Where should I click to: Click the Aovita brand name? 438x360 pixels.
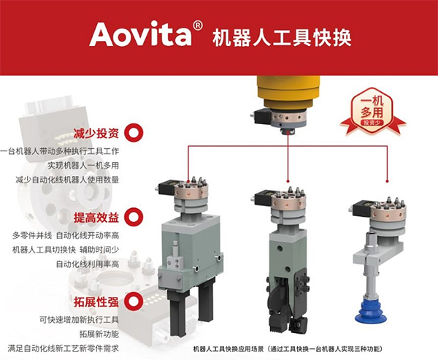click(141, 34)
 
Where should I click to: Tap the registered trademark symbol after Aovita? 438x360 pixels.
click(198, 26)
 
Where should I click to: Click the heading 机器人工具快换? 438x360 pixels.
click(282, 38)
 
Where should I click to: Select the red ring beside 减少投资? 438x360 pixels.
click(134, 133)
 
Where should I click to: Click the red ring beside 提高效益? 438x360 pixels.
click(134, 217)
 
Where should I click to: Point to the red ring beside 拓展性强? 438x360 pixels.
click(134, 302)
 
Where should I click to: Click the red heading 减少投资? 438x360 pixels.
click(96, 134)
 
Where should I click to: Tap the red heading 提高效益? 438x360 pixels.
click(96, 218)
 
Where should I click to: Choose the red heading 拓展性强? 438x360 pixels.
click(96, 302)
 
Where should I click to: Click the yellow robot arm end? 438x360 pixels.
click(288, 92)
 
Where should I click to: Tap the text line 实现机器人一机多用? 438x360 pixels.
click(83, 165)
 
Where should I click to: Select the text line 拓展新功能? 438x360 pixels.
click(99, 334)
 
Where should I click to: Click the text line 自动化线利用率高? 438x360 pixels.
click(88, 264)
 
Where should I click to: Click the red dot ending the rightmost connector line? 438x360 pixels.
click(387, 181)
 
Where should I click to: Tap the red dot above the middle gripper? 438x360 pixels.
click(288, 181)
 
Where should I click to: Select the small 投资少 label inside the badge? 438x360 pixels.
click(372, 123)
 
